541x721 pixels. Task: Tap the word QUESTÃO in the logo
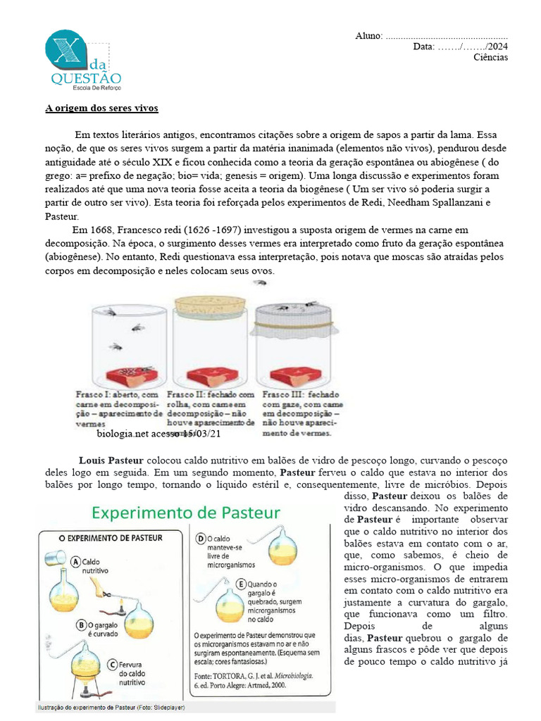point(86,78)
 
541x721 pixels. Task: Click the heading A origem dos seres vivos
point(102,108)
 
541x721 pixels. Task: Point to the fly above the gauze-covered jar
point(261,282)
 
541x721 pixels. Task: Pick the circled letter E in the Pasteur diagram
point(242,584)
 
